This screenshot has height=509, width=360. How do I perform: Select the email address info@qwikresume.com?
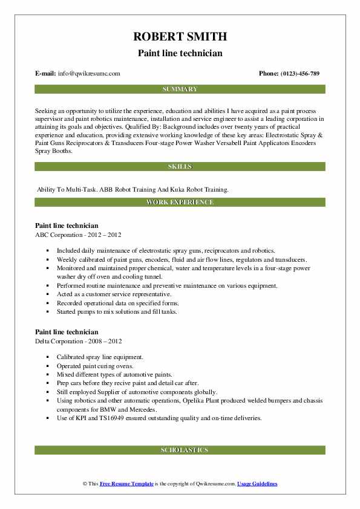[89, 73]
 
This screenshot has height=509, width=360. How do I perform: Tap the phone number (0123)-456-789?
[298, 73]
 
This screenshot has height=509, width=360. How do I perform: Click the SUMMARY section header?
[180, 89]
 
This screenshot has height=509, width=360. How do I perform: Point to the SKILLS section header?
[180, 166]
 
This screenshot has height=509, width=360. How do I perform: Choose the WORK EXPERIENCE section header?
[180, 202]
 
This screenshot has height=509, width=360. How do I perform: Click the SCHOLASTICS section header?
[180, 450]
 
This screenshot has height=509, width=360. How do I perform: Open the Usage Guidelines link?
[257, 484]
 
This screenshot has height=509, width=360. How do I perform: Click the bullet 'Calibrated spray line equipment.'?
[100, 357]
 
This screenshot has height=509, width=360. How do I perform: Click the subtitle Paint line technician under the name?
[180, 53]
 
